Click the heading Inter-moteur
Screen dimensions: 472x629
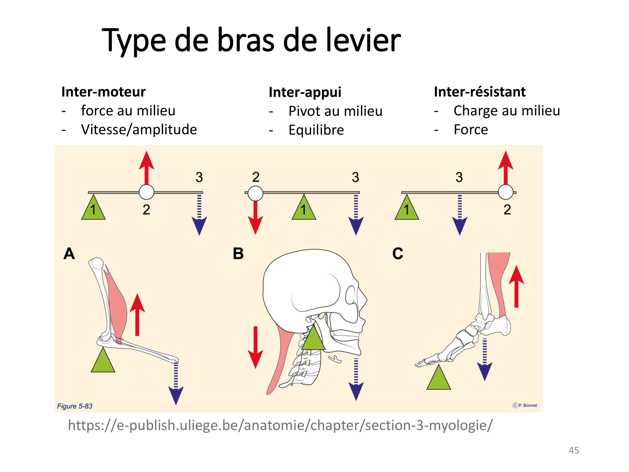click(103, 92)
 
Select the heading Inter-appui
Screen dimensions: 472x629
click(305, 92)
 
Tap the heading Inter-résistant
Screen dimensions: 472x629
click(480, 92)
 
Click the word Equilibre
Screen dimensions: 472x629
click(316, 130)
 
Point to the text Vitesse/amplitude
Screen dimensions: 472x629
click(139, 130)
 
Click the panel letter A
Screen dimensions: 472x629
click(69, 254)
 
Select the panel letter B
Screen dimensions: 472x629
click(238, 254)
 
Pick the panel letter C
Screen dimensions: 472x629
click(398, 254)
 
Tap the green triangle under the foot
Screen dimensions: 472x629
click(439, 379)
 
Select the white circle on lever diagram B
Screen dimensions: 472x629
click(255, 193)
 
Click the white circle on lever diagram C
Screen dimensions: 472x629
click(506, 192)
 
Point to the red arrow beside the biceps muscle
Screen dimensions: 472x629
click(137, 315)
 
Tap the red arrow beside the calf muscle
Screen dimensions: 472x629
click(516, 287)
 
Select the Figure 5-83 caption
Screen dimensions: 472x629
click(75, 406)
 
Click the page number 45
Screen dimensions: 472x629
click(574, 450)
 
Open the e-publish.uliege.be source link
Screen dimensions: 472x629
click(280, 425)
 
